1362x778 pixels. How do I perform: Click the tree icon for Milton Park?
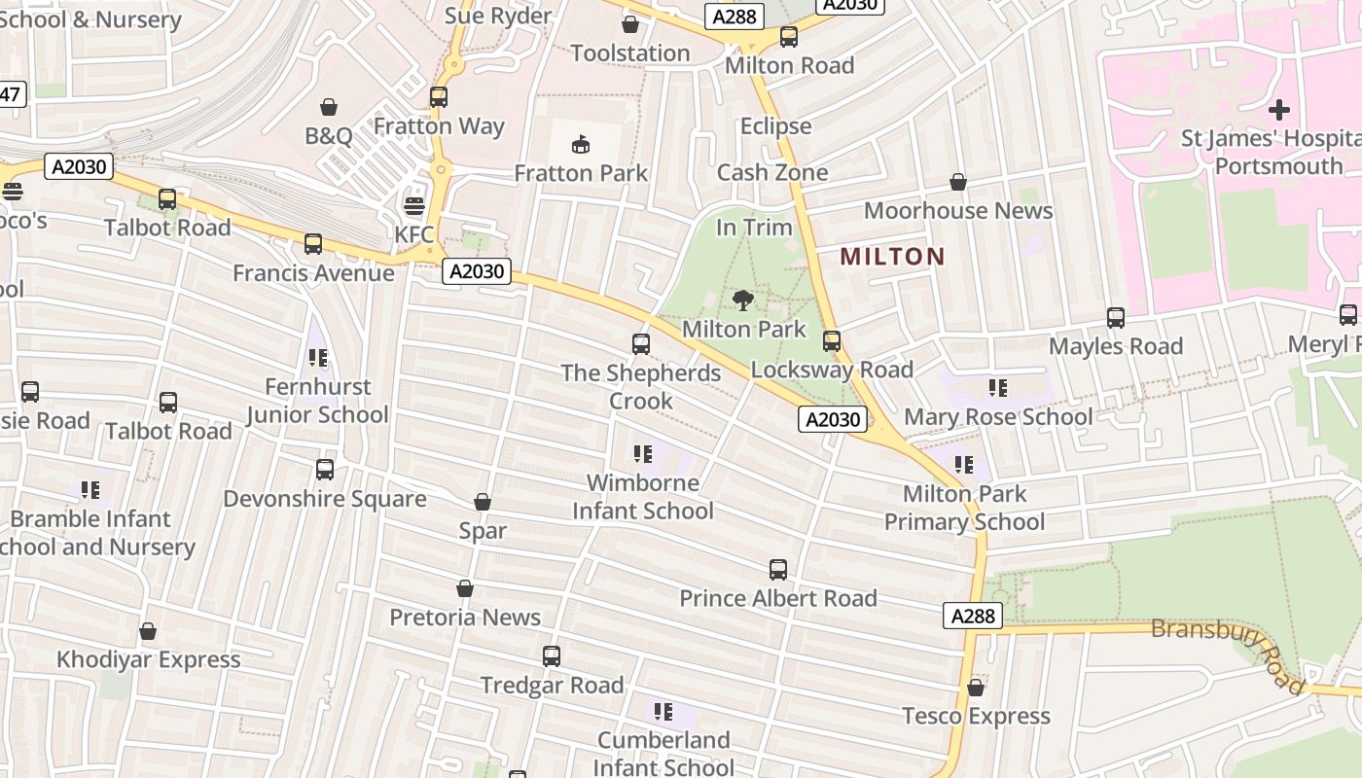[x=743, y=300]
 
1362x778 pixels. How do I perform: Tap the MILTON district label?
[x=892, y=257]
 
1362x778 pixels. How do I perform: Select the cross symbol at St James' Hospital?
[x=1279, y=109]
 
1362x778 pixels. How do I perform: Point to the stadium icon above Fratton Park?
[x=581, y=145]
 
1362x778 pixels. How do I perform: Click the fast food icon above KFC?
[x=414, y=206]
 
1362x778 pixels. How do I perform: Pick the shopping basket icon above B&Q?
[x=329, y=106]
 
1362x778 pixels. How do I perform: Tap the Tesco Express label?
[x=976, y=717]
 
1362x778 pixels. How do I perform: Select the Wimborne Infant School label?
[x=643, y=497]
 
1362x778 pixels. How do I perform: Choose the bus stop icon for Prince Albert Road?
[x=777, y=569]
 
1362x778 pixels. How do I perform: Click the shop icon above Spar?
[x=483, y=502]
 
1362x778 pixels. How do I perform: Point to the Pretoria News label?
[x=465, y=618]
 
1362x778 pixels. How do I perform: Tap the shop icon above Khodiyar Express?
[x=148, y=632]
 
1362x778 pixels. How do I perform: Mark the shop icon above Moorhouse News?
[x=958, y=182]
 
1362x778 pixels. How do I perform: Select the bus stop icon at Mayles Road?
[x=1115, y=318]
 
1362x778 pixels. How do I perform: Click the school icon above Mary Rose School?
[x=997, y=388]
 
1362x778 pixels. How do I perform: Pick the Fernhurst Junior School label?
[x=317, y=401]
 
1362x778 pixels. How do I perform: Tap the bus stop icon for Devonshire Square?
[x=325, y=470]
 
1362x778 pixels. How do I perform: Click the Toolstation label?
[x=629, y=53]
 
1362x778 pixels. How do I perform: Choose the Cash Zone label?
[x=772, y=173]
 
